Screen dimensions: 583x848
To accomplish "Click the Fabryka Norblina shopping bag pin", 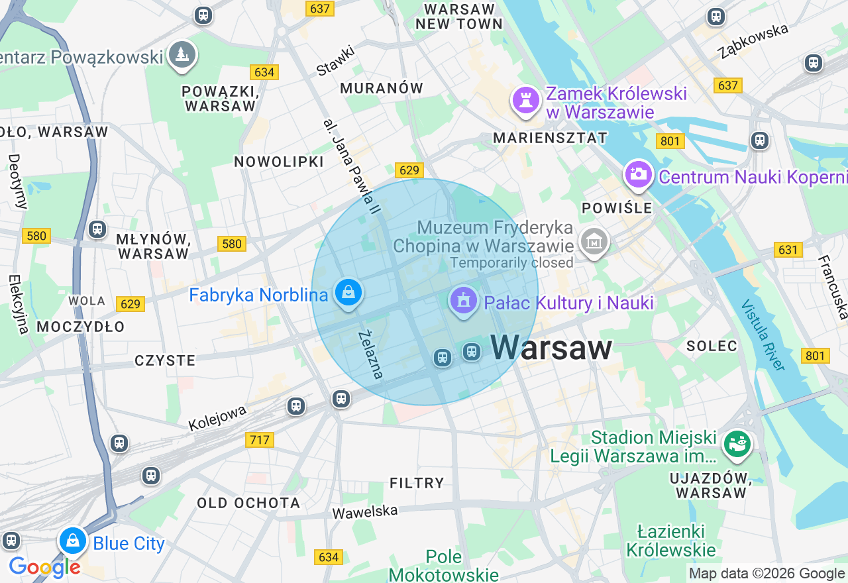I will [x=348, y=292].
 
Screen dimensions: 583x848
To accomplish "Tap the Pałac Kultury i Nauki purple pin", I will [x=463, y=301].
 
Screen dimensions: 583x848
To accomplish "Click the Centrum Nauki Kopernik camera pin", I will [x=638, y=174].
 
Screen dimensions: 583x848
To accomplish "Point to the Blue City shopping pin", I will [x=73, y=541].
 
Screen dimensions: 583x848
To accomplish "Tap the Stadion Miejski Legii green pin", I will [x=737, y=443].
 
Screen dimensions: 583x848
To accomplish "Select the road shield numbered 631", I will [x=788, y=250].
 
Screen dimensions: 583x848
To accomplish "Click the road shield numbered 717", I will [x=260, y=439].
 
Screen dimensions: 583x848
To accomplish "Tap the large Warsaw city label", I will [x=551, y=348].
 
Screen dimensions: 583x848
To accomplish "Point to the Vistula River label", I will [x=763, y=335].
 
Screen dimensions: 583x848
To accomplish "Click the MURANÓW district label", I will [x=382, y=88].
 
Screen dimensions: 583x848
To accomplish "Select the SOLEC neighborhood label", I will [x=712, y=346].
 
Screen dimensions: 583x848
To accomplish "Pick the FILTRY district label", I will [x=417, y=483].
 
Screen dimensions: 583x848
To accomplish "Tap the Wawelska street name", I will [x=365, y=511].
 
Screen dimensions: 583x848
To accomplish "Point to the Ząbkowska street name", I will [x=754, y=40].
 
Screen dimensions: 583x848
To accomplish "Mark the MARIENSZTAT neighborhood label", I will [x=551, y=138].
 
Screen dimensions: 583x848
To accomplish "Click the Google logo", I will [x=44, y=567].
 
